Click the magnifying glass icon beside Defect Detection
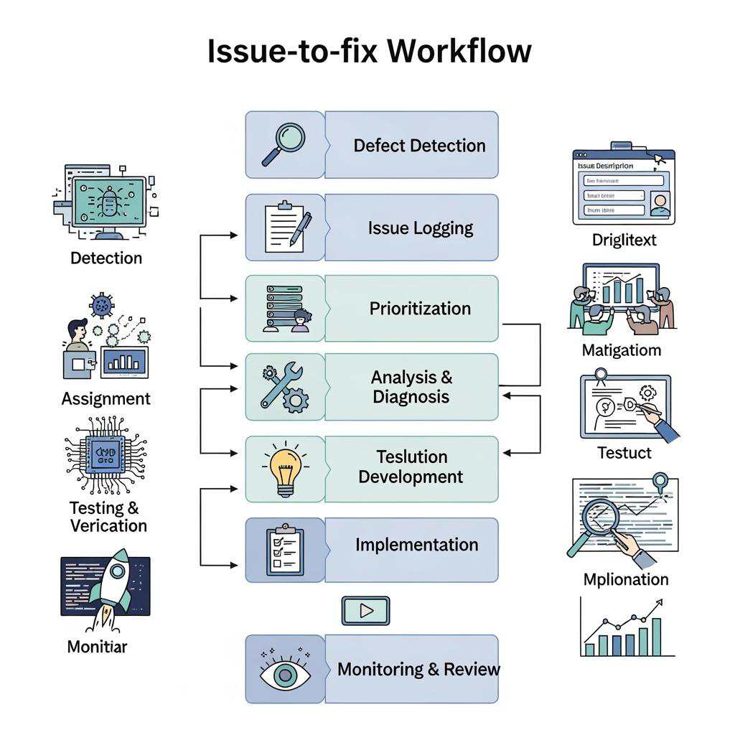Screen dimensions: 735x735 pos(283,144)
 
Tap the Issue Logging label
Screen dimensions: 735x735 pos(421,228)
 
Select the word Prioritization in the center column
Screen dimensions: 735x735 pos(420,309)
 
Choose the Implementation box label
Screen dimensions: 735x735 pos(416,545)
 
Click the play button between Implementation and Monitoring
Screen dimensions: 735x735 pos(365,611)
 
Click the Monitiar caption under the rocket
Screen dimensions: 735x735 pos(97,647)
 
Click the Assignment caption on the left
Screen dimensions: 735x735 pos(106,399)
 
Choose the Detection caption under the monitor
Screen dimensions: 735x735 pos(106,258)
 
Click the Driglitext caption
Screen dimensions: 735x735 pos(624,240)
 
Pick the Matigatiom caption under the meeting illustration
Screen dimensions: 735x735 pos(622,351)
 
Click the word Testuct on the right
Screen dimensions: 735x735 pos(624,453)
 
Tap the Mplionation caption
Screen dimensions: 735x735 pos(625,579)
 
